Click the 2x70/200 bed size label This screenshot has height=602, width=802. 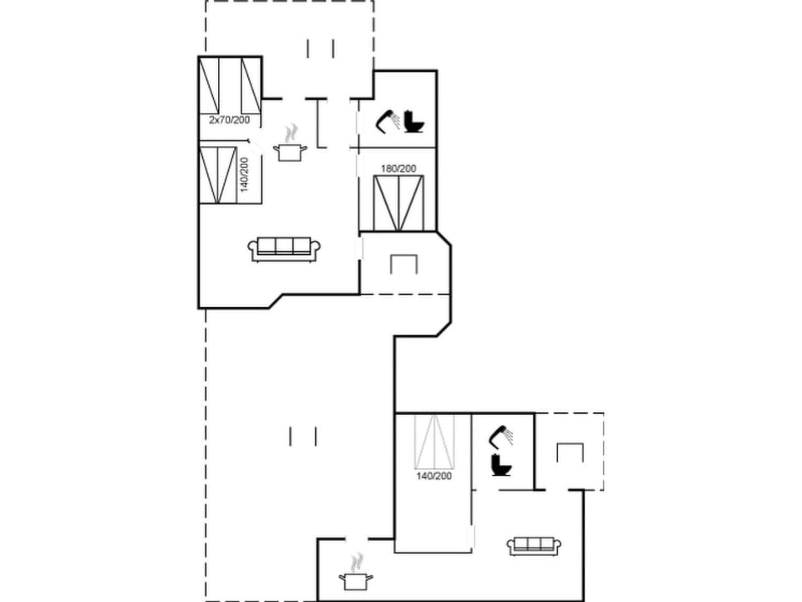click(230, 120)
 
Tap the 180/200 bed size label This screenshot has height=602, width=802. click(398, 168)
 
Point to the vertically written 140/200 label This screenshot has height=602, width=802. click(244, 175)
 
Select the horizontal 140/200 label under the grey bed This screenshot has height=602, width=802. click(434, 476)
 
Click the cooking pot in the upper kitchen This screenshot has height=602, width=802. click(290, 152)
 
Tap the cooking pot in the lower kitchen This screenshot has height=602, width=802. click(356, 581)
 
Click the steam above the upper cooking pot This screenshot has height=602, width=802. click(291, 133)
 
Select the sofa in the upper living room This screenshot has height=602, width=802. click(284, 249)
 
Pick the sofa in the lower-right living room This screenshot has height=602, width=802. click(535, 546)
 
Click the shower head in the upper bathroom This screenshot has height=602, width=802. click(388, 120)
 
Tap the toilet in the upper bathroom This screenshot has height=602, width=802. click(414, 122)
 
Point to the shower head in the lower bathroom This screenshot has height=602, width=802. click(501, 435)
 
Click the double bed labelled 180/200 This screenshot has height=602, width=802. click(398, 203)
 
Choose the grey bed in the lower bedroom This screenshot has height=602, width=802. click(434, 441)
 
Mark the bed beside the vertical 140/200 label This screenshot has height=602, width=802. click(218, 175)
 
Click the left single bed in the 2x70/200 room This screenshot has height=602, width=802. click(209, 85)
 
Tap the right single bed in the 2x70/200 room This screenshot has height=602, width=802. click(251, 85)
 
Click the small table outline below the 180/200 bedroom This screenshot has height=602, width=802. click(404, 263)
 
